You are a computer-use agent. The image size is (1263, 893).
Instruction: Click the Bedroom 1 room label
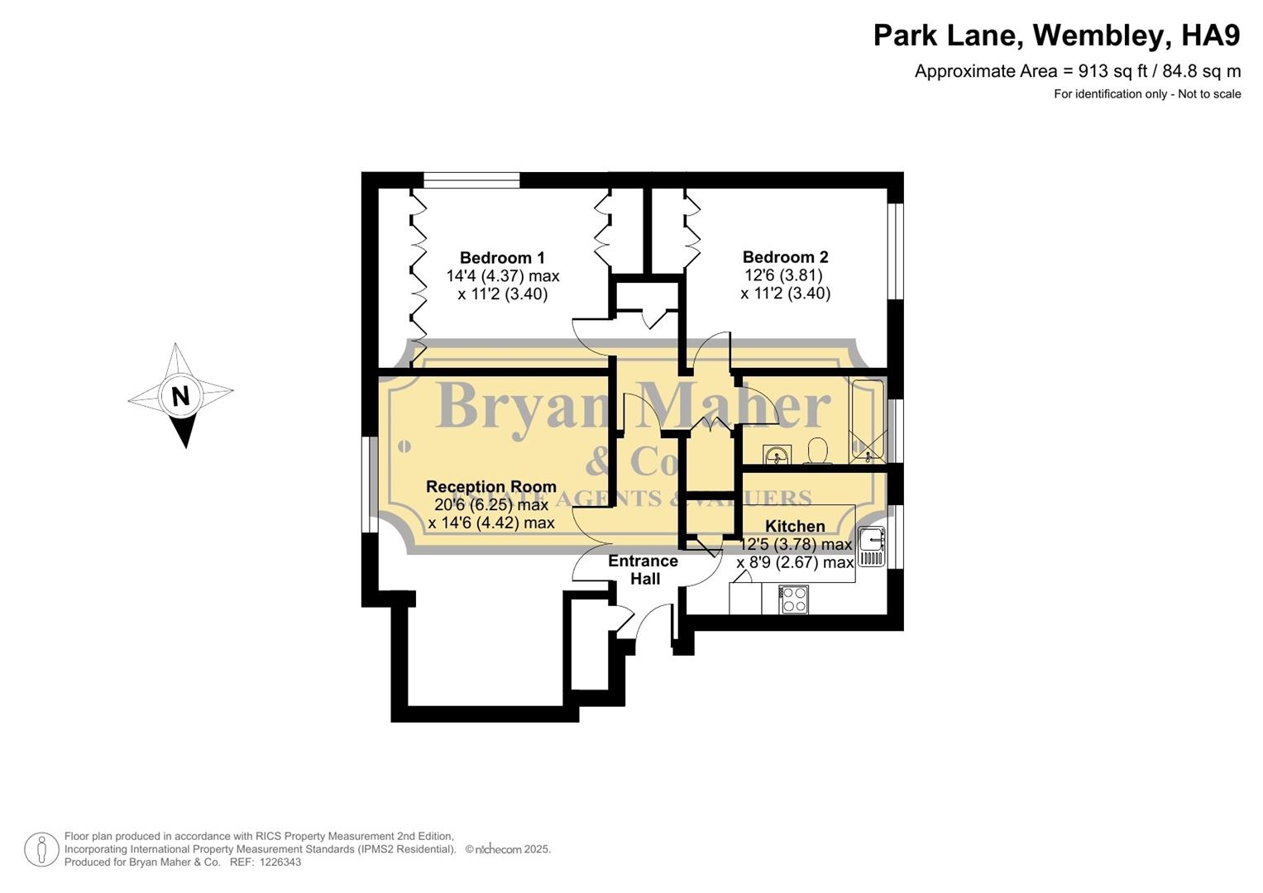tap(502, 258)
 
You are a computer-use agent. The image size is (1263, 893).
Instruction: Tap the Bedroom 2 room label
tap(785, 257)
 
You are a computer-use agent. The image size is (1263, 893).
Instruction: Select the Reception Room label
tap(490, 487)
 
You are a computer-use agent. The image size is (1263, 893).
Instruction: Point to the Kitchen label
tap(795, 526)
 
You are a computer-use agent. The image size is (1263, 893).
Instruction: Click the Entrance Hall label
tap(643, 570)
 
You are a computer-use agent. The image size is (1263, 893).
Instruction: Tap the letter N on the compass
tap(180, 396)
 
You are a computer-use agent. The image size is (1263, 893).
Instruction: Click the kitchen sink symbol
tap(871, 547)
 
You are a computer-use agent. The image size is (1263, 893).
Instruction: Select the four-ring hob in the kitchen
tap(794, 599)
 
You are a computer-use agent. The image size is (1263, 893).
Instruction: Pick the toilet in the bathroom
tap(818, 451)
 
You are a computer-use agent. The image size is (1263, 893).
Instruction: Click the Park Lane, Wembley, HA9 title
tap(1056, 36)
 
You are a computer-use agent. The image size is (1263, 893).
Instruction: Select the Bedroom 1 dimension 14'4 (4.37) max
tap(503, 276)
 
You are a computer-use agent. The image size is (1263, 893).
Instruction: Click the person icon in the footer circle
tap(41, 849)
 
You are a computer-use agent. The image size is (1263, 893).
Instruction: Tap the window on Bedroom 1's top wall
tap(471, 179)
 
